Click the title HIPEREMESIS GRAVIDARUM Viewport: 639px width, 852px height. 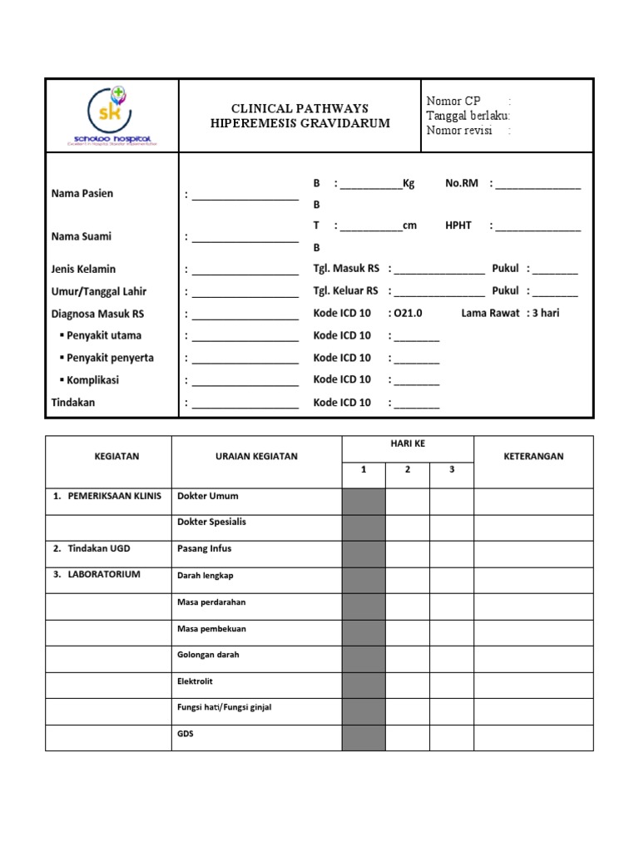coord(300,123)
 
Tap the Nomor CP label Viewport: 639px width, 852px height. coord(453,102)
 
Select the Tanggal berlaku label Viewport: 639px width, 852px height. coord(467,116)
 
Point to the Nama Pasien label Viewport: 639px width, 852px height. coord(82,193)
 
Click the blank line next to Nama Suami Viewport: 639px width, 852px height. coord(245,237)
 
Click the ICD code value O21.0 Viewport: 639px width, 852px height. coord(409,314)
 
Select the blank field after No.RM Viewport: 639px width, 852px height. coord(538,184)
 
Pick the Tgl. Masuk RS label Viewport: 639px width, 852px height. coord(346,269)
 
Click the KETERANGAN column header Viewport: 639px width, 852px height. coord(533,456)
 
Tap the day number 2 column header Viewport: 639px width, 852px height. coord(408,469)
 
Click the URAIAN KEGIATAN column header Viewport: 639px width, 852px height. coord(256,456)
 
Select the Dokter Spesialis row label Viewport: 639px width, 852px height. coord(212,522)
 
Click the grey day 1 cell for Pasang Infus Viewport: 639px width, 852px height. coord(364,554)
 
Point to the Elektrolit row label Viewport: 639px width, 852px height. coord(195,681)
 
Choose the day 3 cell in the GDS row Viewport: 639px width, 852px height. coord(452,737)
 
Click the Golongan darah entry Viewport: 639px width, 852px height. coord(208,655)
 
